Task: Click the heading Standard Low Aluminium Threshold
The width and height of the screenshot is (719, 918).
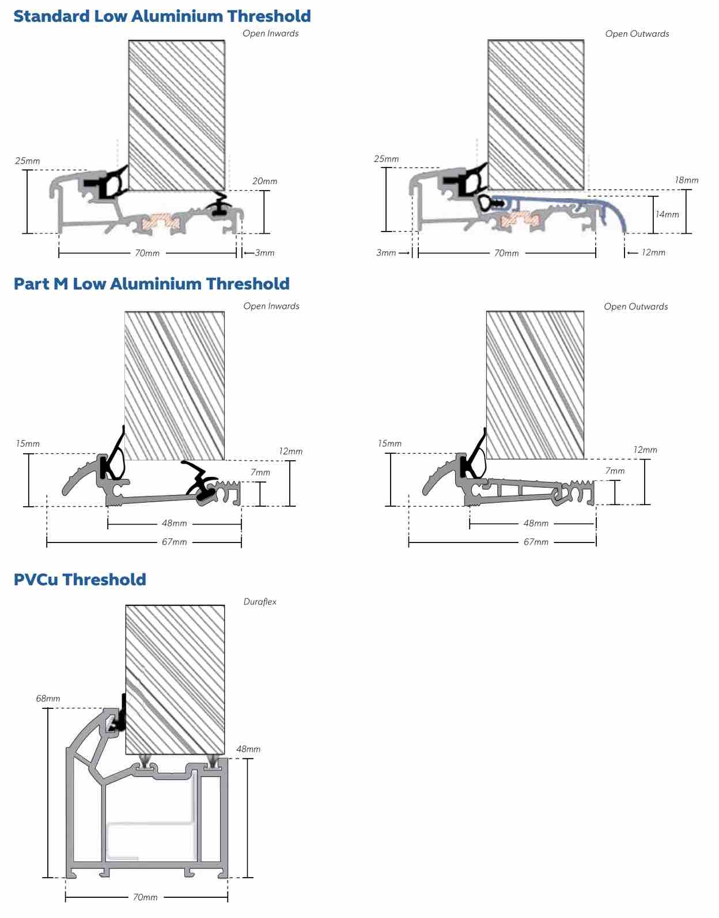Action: [162, 16]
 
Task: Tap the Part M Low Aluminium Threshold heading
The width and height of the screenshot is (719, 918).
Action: [152, 283]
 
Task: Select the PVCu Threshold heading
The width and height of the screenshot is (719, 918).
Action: [80, 579]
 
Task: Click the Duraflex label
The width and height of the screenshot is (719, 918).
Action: [260, 602]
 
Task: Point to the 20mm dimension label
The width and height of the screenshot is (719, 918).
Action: [265, 181]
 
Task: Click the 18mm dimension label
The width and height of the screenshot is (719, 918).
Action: [687, 180]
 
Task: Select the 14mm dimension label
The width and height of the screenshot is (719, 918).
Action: [667, 214]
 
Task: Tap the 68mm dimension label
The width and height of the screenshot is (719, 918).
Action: [48, 699]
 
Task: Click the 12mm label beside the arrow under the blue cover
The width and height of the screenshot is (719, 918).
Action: [653, 252]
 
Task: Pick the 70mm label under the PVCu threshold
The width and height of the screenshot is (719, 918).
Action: [145, 897]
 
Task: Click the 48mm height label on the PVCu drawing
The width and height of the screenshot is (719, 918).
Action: [248, 749]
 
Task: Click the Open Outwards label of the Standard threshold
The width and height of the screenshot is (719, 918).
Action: [637, 34]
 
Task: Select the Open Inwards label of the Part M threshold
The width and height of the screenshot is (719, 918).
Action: [271, 306]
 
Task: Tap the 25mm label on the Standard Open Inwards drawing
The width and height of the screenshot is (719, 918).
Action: [28, 161]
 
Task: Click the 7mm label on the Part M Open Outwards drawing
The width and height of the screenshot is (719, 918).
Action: [615, 471]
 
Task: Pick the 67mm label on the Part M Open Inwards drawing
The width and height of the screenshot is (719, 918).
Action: [175, 541]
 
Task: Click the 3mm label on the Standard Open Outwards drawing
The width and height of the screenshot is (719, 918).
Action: [386, 253]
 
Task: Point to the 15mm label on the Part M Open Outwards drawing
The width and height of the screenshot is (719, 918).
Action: [389, 443]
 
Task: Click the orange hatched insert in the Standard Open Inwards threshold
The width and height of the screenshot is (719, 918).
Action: [161, 222]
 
